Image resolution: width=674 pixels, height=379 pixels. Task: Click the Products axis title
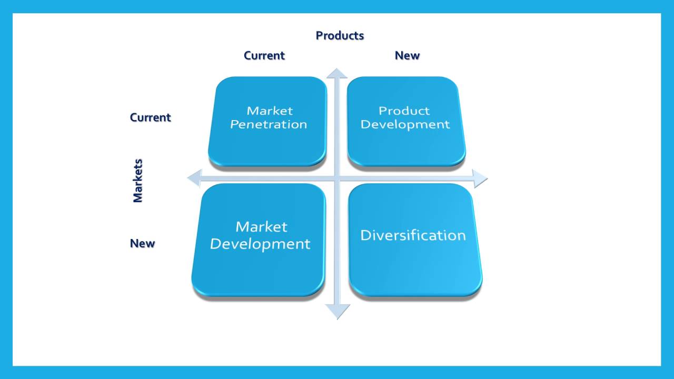(340, 36)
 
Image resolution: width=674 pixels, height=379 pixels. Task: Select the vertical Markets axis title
(138, 181)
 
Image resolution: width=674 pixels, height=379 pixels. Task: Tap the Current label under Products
(264, 56)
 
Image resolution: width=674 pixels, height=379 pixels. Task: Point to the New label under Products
(407, 56)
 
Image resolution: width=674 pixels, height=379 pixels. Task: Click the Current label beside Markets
(150, 117)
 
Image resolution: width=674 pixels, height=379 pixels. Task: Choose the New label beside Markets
(142, 243)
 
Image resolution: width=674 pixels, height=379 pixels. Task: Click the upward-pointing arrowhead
(337, 73)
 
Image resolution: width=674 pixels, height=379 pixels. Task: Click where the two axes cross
(337, 179)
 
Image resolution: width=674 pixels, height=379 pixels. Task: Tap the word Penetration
(269, 125)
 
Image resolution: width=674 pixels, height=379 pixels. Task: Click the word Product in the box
(404, 111)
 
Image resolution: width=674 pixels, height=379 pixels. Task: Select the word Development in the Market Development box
(260, 244)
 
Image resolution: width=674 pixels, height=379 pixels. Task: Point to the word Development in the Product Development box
(405, 125)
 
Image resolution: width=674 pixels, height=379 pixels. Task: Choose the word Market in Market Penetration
(270, 111)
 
